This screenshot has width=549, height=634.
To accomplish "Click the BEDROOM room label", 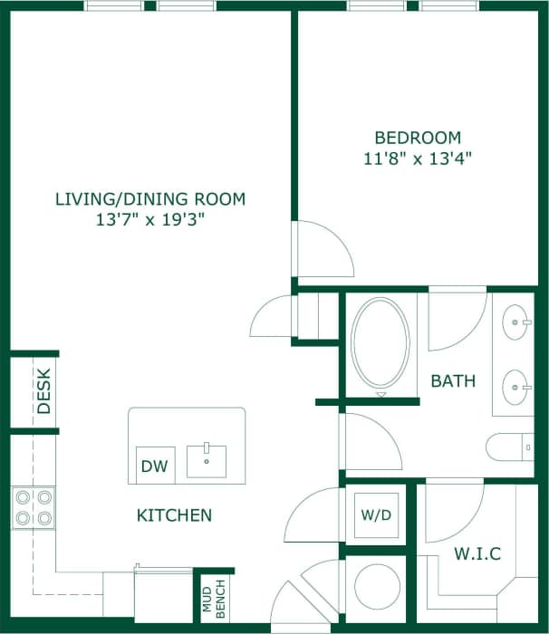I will pos(418,138).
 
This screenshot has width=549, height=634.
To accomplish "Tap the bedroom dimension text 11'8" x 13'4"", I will pos(418,158).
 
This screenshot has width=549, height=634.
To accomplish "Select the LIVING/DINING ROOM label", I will pos(149,198).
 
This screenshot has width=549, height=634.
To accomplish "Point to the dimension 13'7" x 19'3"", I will pos(149,219).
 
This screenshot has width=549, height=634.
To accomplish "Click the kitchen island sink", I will pos(207,460).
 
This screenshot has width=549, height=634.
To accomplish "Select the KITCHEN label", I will pos(174,515).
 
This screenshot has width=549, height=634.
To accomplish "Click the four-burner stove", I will pos(33,508).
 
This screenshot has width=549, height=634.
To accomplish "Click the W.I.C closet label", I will pos(478,553).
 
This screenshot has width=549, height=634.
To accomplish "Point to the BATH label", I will pos(453,381).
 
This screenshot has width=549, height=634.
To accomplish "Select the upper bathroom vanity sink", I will pos(516,321).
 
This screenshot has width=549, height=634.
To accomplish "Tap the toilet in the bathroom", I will pos(510,447).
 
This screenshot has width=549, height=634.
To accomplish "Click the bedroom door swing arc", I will pos(324,248).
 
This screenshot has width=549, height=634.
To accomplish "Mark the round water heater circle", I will pos(377,586).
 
